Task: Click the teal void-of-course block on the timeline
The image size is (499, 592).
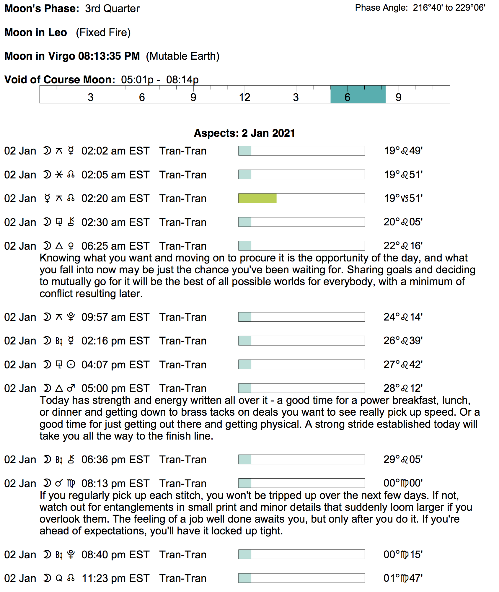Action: (358, 94)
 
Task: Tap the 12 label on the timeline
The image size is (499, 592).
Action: (244, 97)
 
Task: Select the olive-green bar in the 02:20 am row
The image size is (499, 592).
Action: (257, 198)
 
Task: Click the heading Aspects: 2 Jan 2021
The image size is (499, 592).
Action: (244, 133)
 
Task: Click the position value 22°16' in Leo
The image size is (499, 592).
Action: (403, 246)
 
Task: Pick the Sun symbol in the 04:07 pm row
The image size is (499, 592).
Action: (71, 365)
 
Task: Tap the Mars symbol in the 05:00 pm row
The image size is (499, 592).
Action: (71, 388)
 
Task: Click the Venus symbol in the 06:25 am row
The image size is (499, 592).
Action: (71, 246)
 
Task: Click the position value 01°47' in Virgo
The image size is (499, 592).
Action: (403, 578)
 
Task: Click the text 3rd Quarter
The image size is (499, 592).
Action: (112, 9)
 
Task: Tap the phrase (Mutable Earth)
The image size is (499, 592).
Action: (182, 56)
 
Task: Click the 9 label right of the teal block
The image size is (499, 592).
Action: (398, 97)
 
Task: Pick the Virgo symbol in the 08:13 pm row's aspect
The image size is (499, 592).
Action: (71, 484)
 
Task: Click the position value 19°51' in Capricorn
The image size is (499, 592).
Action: (403, 198)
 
